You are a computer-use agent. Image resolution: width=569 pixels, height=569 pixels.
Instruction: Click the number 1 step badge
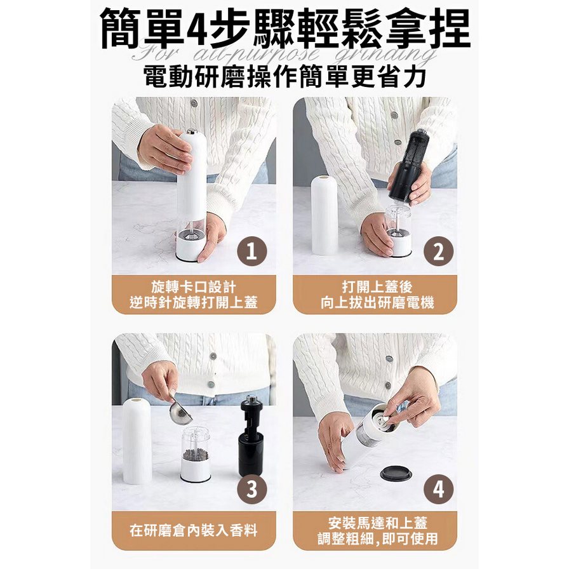(252, 253)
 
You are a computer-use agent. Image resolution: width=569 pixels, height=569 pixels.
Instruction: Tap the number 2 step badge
(438, 253)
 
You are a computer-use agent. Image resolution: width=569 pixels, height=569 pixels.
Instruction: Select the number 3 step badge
(252, 490)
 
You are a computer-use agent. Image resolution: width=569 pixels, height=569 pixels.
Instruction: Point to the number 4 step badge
(438, 490)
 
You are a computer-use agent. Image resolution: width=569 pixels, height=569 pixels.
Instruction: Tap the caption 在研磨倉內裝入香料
(194, 530)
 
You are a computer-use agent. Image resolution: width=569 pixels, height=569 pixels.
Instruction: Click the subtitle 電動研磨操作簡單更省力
(284, 77)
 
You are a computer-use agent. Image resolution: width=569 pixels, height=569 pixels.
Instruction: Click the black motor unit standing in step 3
(251, 438)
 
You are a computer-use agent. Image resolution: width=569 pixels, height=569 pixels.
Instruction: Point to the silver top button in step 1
(191, 132)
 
